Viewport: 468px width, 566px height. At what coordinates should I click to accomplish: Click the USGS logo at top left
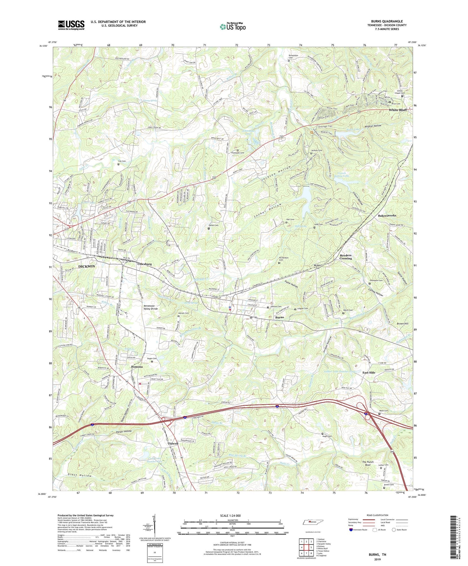pos(71,25)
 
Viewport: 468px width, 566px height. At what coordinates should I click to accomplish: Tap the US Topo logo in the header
pos(232,27)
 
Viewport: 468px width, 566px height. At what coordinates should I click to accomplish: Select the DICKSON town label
pos(86,266)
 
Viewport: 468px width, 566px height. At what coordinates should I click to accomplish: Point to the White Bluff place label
pos(397,110)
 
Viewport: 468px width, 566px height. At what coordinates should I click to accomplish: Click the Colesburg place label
pos(144,264)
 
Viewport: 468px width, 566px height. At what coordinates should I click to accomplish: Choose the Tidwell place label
pos(173,444)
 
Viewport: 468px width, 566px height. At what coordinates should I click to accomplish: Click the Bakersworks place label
pos(387,216)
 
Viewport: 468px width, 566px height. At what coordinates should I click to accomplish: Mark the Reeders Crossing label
pos(346,257)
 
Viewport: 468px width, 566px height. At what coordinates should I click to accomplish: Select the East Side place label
pos(368,372)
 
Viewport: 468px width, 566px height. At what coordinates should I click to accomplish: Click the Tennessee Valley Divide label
pos(151,307)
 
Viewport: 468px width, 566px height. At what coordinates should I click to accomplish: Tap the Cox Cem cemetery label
pos(122,161)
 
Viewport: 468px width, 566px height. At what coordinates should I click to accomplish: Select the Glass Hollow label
pos(80,475)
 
